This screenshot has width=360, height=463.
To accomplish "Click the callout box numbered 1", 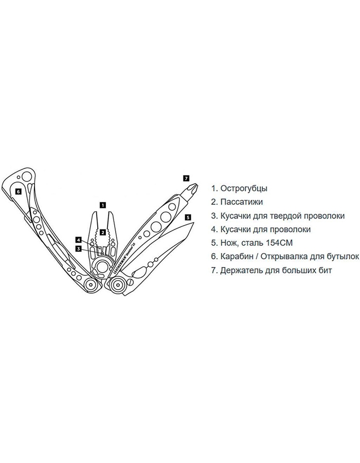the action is click(x=103, y=205).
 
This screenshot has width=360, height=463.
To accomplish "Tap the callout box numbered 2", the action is click(x=102, y=232).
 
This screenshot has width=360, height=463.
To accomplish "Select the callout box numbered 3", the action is click(x=78, y=248).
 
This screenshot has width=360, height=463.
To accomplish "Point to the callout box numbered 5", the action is click(x=188, y=218).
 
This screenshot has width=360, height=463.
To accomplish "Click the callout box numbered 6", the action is click(x=18, y=191).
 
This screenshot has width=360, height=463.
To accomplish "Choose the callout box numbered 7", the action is click(x=186, y=178).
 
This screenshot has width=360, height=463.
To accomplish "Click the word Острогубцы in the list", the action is click(x=244, y=189).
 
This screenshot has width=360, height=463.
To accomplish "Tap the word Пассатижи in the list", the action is click(x=241, y=202).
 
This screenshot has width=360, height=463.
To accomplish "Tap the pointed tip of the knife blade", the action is click(x=195, y=223).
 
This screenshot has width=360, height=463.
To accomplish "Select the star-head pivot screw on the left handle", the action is click(x=91, y=284).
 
